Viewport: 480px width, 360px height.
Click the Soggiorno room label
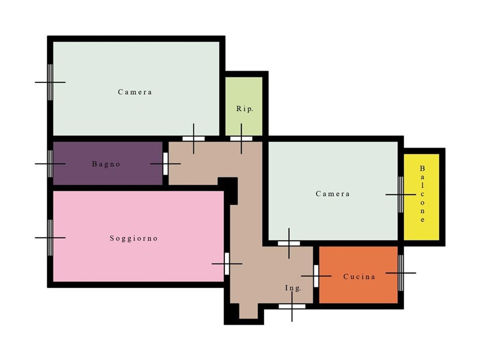click(x=134, y=238)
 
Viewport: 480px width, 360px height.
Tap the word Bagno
click(x=106, y=164)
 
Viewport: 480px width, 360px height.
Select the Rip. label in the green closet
click(x=245, y=109)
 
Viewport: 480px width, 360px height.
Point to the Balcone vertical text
click(x=422, y=194)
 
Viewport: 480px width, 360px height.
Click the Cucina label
click(x=359, y=277)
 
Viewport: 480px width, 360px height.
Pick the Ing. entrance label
click(x=293, y=288)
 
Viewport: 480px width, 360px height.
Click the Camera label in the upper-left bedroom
click(x=135, y=92)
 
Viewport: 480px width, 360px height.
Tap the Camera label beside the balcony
click(x=333, y=194)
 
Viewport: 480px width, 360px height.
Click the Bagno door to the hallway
click(x=166, y=164)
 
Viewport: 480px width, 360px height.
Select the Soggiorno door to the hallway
click(x=227, y=263)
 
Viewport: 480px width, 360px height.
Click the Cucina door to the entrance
click(x=316, y=276)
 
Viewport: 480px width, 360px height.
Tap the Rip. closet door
click(x=241, y=139)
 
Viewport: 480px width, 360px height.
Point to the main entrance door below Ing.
click(x=292, y=306)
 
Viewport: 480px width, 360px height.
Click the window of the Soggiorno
click(x=50, y=238)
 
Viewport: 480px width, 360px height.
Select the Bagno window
click(x=50, y=164)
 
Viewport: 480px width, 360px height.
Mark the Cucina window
click(x=401, y=273)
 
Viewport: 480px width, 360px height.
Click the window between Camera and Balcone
click(x=401, y=194)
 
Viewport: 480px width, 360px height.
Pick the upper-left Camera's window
click(x=50, y=82)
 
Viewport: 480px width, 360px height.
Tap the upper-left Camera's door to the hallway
click(x=193, y=139)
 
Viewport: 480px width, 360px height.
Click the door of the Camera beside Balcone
click(x=289, y=244)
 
